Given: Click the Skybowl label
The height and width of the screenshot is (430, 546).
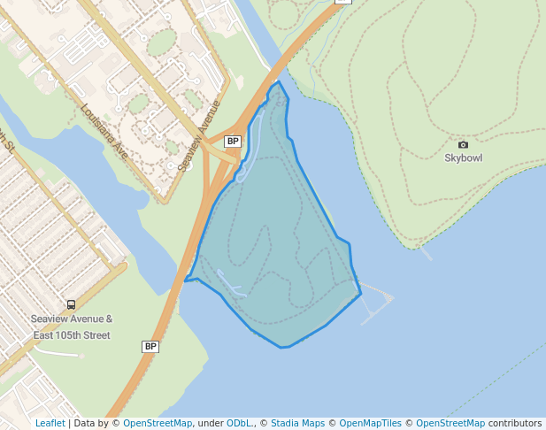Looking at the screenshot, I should pyautogui.click(x=463, y=158).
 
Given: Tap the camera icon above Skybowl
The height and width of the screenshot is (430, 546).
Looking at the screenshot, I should pyautogui.click(x=463, y=144).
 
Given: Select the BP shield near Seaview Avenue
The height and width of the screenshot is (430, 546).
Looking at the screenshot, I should pyautogui.click(x=233, y=142).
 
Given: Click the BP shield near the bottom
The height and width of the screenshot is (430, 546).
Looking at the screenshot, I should pyautogui.click(x=150, y=347).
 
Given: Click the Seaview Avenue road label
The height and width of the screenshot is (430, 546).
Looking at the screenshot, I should pyautogui.click(x=198, y=135).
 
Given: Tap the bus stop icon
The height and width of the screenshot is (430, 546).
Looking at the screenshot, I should pyautogui.click(x=72, y=304).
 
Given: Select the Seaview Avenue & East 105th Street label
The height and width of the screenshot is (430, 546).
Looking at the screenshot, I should pyautogui.click(x=72, y=327).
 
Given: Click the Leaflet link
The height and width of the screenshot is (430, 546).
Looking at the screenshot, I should pyautogui.click(x=50, y=424).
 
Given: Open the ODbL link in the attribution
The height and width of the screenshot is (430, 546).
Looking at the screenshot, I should pyautogui.click(x=238, y=424).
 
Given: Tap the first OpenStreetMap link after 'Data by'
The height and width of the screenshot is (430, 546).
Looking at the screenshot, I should pyautogui.click(x=158, y=424).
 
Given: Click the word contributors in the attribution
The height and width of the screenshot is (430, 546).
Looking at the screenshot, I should pyautogui.click(x=515, y=424).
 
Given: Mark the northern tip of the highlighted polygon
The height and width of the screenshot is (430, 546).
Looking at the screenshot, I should pyautogui.click(x=279, y=81).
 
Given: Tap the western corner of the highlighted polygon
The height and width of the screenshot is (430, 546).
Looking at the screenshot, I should pyautogui.click(x=185, y=280).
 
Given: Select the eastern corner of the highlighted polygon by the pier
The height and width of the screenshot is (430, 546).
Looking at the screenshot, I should pyautogui.click(x=361, y=294).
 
